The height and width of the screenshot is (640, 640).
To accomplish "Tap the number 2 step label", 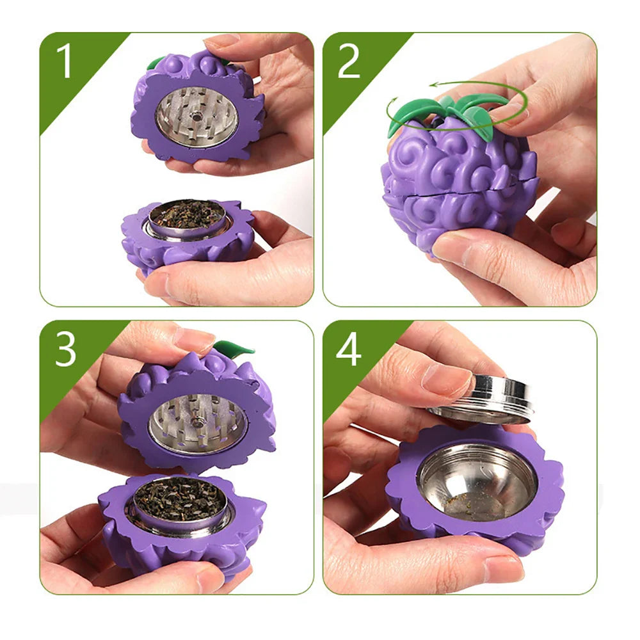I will [x=349, y=63].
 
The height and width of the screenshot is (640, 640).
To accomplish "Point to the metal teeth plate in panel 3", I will [x=198, y=422].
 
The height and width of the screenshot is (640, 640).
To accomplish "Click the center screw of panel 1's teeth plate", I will [x=196, y=116].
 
